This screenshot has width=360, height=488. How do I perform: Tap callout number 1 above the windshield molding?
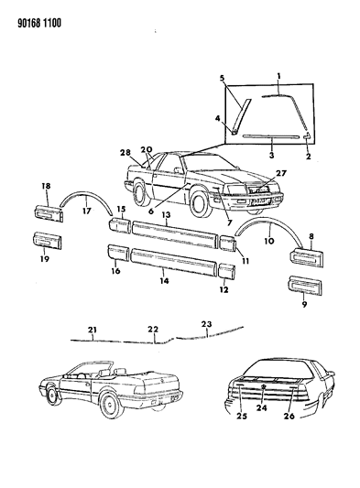pos(279,72)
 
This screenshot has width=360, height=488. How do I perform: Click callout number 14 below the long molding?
pos(163,272)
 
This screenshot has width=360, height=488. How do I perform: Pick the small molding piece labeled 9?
pos(308,285)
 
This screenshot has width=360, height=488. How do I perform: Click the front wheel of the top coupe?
pos(200,201)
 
